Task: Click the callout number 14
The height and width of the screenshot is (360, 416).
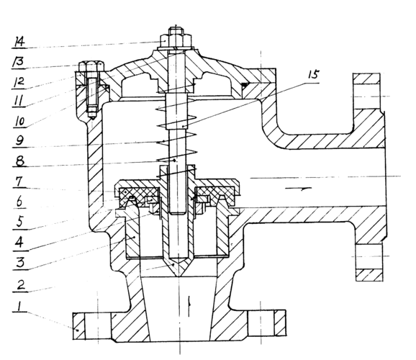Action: tap(19, 42)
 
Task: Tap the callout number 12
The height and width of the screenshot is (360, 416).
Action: tap(19, 83)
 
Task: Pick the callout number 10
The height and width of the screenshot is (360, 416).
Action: tap(19, 122)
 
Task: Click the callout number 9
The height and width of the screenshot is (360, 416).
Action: tap(20, 140)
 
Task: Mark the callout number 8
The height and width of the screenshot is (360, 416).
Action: tap(20, 161)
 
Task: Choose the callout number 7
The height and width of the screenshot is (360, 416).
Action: tap(20, 181)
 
